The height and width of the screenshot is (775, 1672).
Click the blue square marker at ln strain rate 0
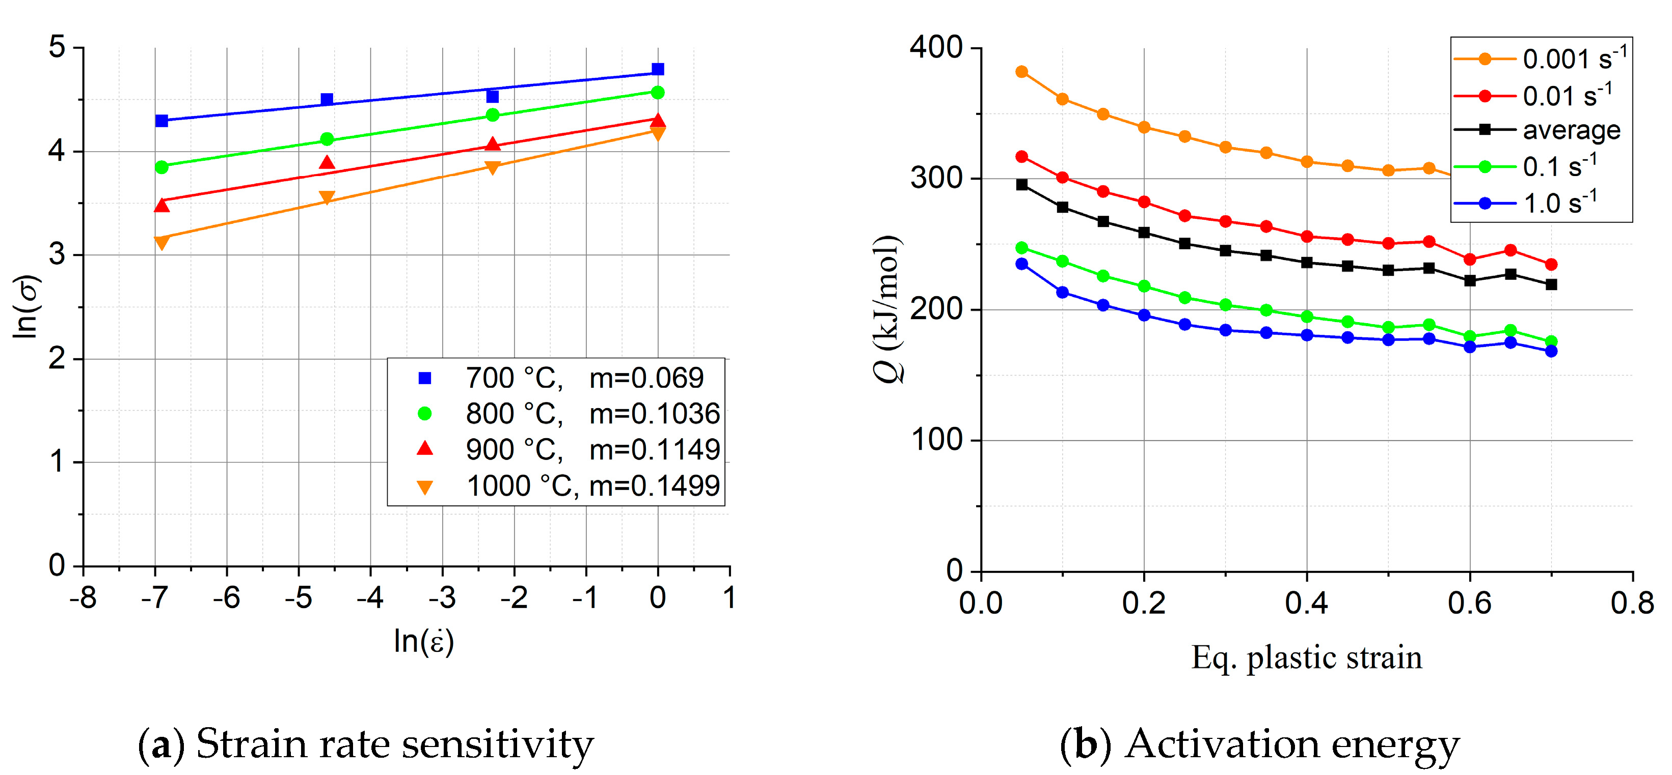[658, 69]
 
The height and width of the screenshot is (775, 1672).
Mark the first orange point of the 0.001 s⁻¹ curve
[1021, 71]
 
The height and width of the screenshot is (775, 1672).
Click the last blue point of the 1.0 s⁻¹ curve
[1551, 351]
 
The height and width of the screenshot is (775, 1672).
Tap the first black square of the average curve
[1021, 185]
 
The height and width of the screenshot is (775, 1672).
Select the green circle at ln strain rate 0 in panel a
[658, 93]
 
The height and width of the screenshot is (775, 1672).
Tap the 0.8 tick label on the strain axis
[1632, 603]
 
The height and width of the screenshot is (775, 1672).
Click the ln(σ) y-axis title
[28, 306]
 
